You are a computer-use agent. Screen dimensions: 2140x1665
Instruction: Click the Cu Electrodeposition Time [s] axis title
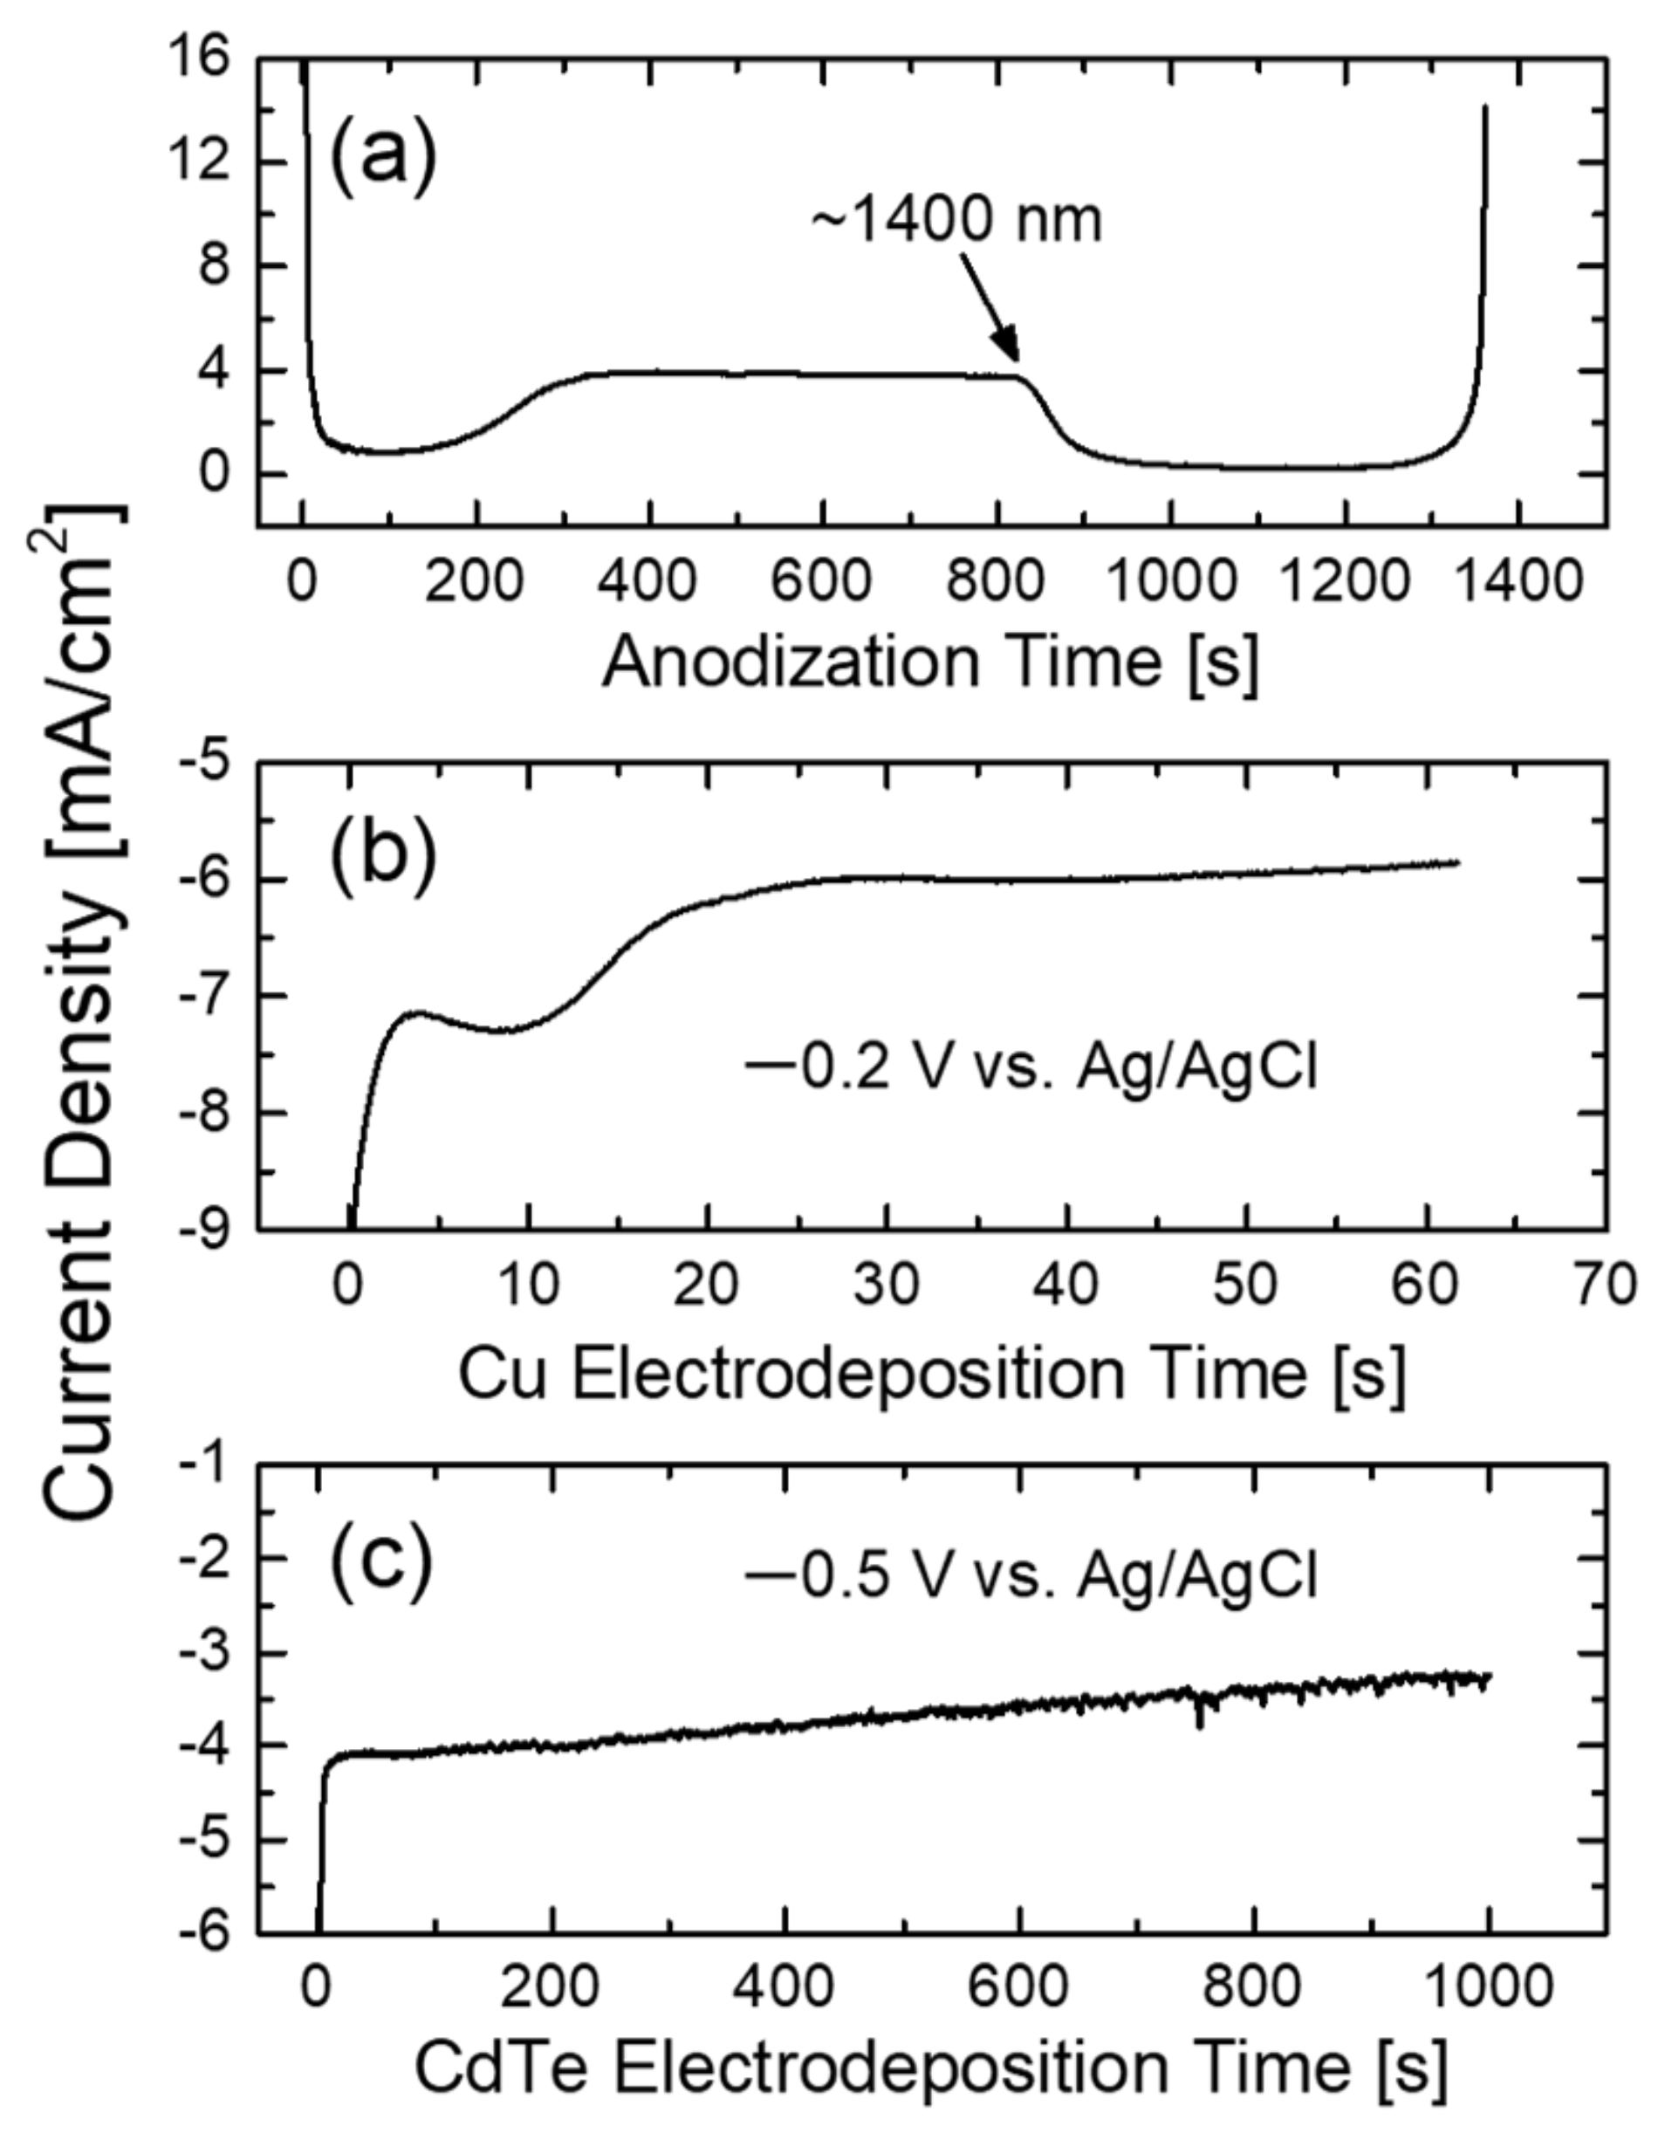pyautogui.click(x=931, y=1373)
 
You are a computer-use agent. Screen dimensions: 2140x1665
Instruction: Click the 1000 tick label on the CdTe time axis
pyautogui.click(x=1488, y=1987)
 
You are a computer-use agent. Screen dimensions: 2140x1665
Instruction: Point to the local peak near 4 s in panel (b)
pyautogui.click(x=420, y=1012)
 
